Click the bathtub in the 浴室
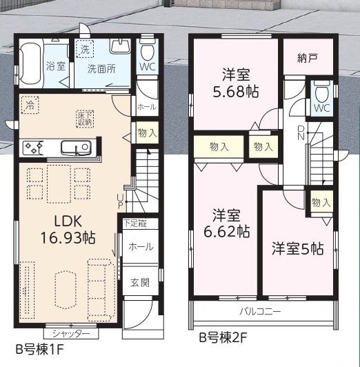click(x=31, y=63)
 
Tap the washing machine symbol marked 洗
click(x=85, y=49)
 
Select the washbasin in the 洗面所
click(x=120, y=46)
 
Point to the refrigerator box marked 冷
click(x=30, y=105)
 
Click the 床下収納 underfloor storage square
click(x=85, y=119)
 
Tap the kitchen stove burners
click(x=32, y=148)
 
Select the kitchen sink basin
click(x=76, y=148)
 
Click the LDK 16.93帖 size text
click(x=68, y=238)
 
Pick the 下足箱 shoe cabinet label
click(x=135, y=224)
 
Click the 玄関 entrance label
click(x=140, y=283)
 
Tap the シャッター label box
click(x=71, y=333)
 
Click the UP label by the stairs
click(x=120, y=202)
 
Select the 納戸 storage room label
click(x=308, y=58)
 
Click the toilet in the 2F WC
click(x=322, y=92)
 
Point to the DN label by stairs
click(x=301, y=132)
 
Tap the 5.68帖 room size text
click(x=236, y=92)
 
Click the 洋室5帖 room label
click(x=297, y=248)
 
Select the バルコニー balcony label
click(x=260, y=312)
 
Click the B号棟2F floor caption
click(x=223, y=338)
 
